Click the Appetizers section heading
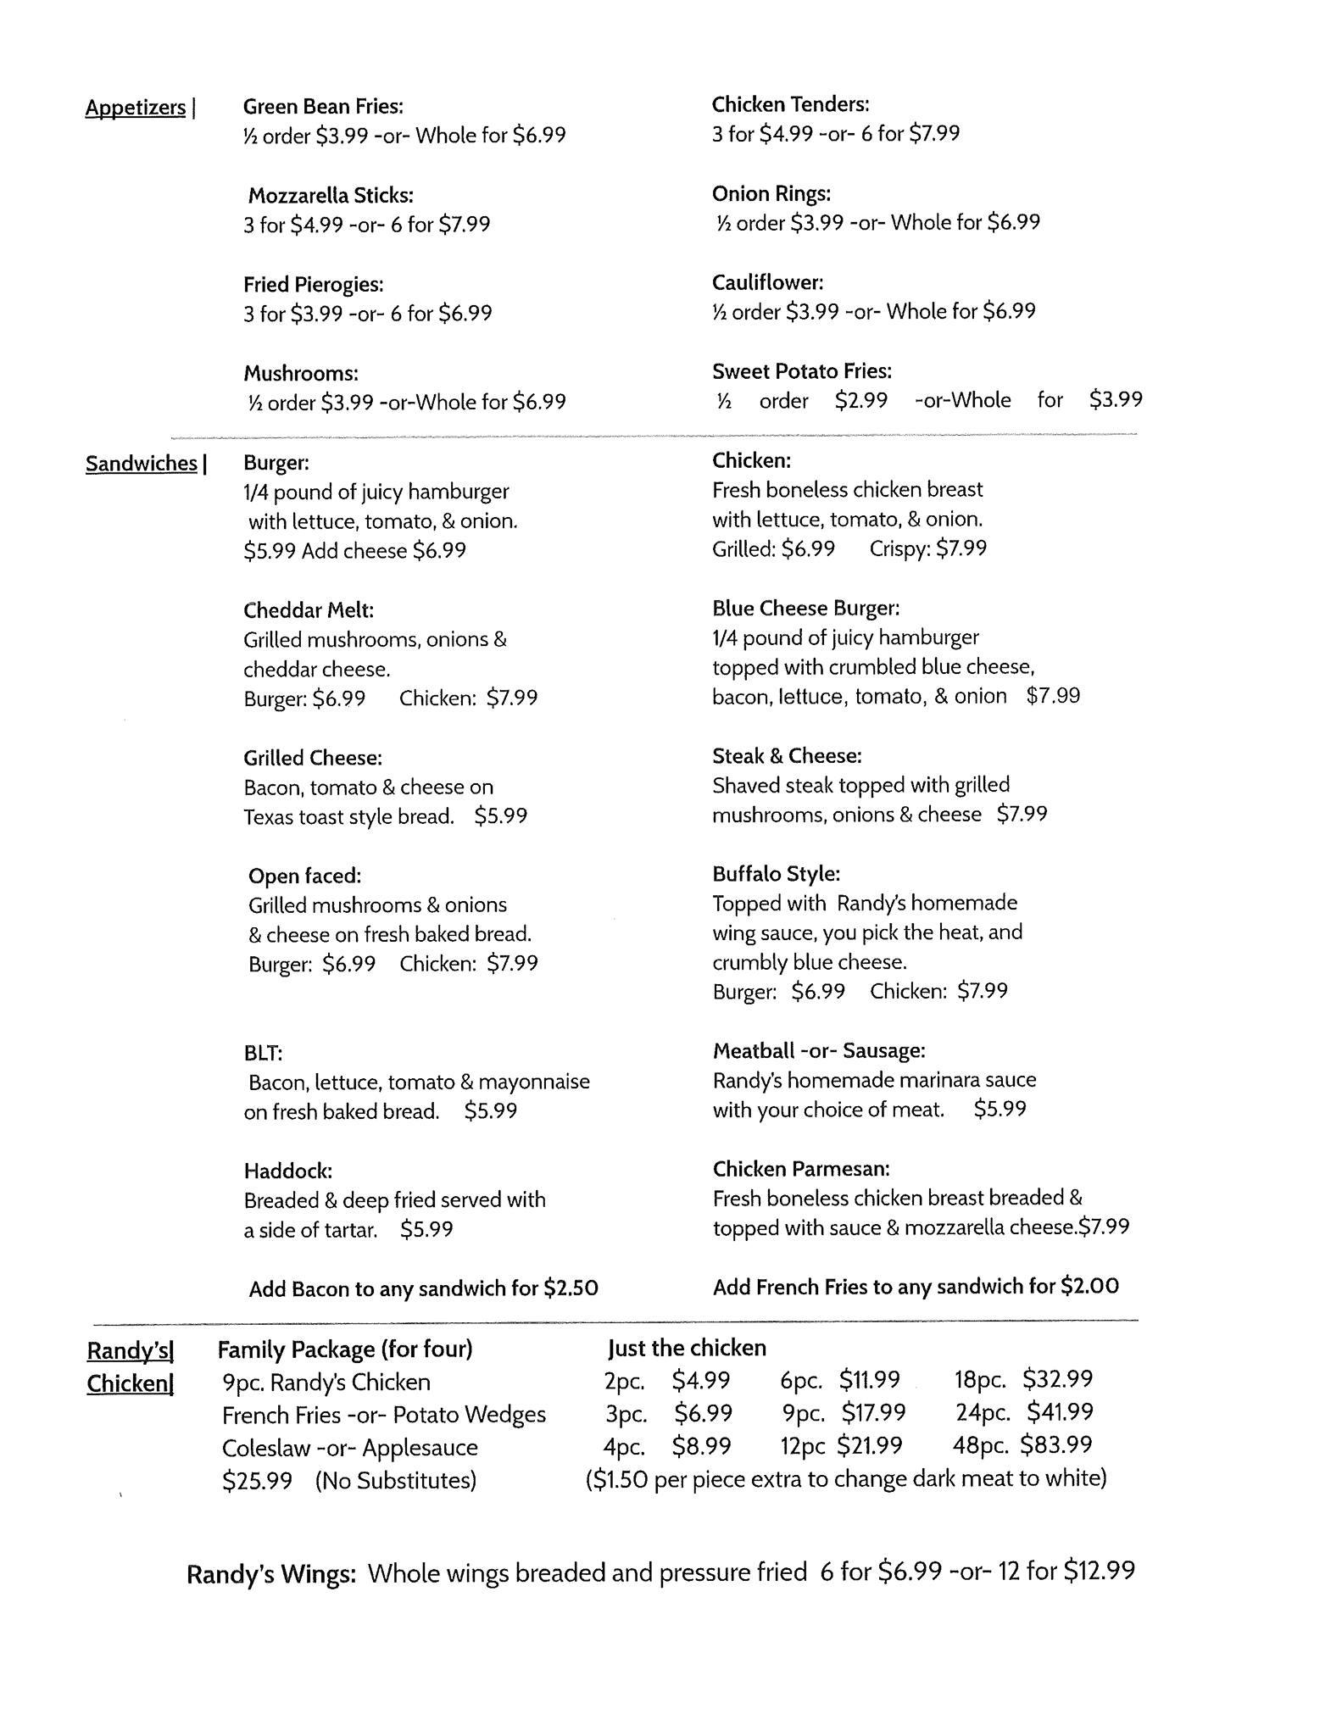[136, 108]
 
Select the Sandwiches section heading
[142, 464]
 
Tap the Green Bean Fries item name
[323, 107]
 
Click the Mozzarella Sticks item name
[331, 196]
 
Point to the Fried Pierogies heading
[314, 285]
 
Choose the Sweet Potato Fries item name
[802, 371]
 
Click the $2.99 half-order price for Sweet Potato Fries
[861, 400]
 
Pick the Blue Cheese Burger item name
[806, 609]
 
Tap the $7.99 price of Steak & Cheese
[1022, 815]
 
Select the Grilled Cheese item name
[313, 758]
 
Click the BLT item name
[263, 1053]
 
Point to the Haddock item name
[288, 1171]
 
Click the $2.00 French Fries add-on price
[1089, 1287]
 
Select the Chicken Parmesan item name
[801, 1169]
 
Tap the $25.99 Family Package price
[257, 1481]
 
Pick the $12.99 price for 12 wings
[1099, 1572]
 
